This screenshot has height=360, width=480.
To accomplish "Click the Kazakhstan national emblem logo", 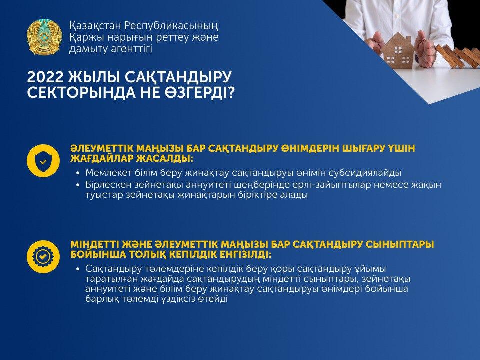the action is point(44,37).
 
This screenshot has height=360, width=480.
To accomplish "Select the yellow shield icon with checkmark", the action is point(43,161).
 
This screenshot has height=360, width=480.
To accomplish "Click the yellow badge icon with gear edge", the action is point(43,257).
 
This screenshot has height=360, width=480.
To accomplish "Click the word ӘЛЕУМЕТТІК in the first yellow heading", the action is point(102,149).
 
